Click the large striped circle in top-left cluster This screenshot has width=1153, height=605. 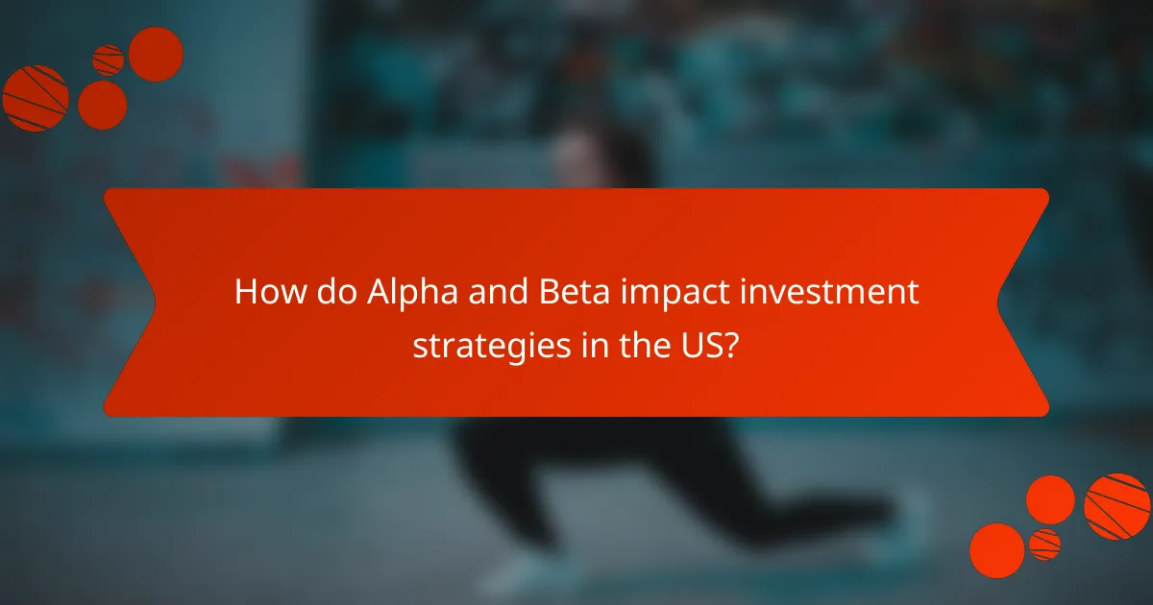point(35,98)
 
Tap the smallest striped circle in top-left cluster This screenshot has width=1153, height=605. point(108,60)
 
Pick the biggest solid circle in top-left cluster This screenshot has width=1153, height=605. point(156,54)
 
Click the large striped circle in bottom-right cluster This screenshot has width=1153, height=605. point(1116,506)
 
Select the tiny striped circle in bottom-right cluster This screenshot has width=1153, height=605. point(1044,544)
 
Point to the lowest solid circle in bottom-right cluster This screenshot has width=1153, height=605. point(996,550)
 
